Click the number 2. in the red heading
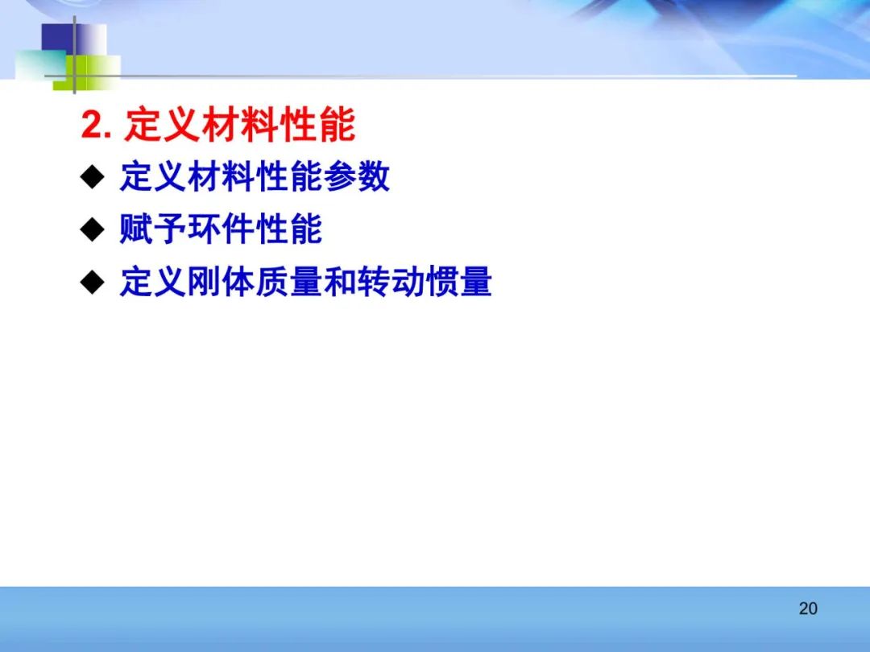96,125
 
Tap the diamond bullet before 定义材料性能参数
92,177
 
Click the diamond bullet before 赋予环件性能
92,229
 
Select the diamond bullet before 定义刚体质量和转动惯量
92,282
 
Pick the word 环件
221,229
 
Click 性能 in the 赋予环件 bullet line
288,229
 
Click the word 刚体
221,282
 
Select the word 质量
288,282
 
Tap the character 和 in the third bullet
340,282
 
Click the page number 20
808,609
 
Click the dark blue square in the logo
58,38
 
